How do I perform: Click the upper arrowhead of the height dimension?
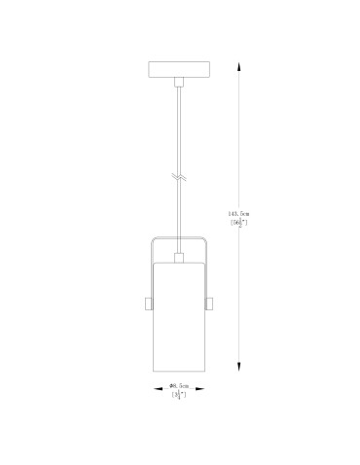click(240, 64)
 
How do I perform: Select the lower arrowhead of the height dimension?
click(240, 366)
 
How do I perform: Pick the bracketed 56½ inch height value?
click(240, 223)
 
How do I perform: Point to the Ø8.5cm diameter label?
click(178, 386)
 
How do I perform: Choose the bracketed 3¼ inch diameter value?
click(178, 396)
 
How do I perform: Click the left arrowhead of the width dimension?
click(154, 389)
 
